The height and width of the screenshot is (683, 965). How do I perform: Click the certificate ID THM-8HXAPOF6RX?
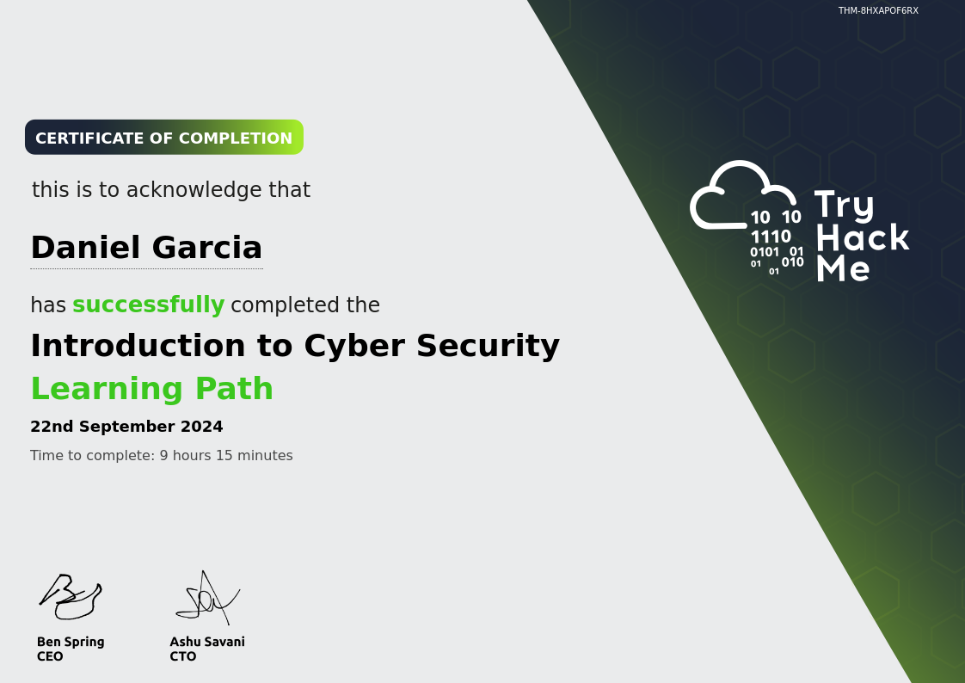[x=878, y=10]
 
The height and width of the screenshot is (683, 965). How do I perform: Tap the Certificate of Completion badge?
[x=164, y=138]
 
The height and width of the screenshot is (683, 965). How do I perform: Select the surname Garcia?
[x=206, y=248]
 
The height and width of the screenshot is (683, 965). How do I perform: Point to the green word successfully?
[x=148, y=305]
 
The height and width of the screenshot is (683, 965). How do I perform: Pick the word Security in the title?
[x=488, y=345]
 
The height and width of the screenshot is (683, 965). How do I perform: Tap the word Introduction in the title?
[x=138, y=345]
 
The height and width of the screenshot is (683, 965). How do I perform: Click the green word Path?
[x=235, y=388]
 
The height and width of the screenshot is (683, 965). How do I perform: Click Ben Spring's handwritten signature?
[x=71, y=596]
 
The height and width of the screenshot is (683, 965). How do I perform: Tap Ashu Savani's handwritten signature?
[x=207, y=598]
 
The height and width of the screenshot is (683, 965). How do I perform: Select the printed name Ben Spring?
[x=71, y=642]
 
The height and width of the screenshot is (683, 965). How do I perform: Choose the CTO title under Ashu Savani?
[x=183, y=656]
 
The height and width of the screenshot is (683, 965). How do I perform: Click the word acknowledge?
[x=194, y=190]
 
